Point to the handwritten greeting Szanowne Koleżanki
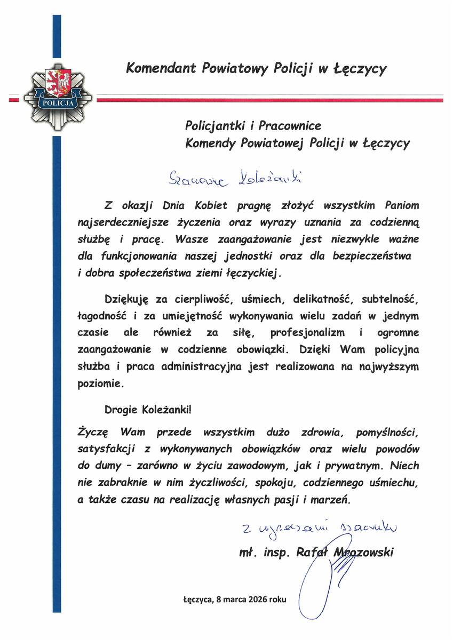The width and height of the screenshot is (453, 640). pos(231,177)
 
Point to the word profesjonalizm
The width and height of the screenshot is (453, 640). pos(303,332)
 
